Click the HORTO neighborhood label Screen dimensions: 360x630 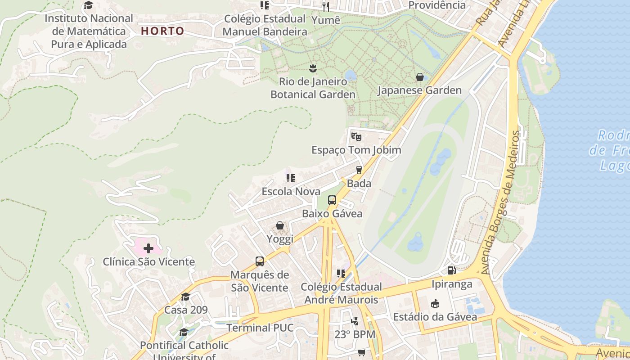pos(162,31)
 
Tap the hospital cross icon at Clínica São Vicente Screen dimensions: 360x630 pos(148,248)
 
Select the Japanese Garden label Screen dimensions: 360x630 pos(419,90)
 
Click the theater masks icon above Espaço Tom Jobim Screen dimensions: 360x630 pos(356,136)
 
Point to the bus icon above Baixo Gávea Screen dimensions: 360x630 pos(332,200)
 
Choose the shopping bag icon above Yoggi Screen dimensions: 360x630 pos(280,225)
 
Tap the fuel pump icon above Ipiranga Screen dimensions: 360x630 pos(451,270)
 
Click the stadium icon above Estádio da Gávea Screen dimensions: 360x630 pos(435,303)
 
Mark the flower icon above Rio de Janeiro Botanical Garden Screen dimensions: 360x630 pos(313,68)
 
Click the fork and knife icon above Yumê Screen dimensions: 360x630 pos(326,6)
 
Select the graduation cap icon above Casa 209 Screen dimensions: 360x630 pos(185,297)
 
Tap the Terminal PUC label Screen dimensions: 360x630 pos(260,328)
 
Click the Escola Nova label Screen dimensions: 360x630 pos(291,191)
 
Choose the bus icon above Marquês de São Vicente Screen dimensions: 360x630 pos(260,261)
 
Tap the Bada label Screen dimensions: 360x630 pos(359,183)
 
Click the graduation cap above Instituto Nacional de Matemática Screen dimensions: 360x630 pos(89,5)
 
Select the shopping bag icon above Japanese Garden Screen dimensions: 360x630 pos(420,77)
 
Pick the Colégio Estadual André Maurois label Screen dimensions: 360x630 pos(341,293)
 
